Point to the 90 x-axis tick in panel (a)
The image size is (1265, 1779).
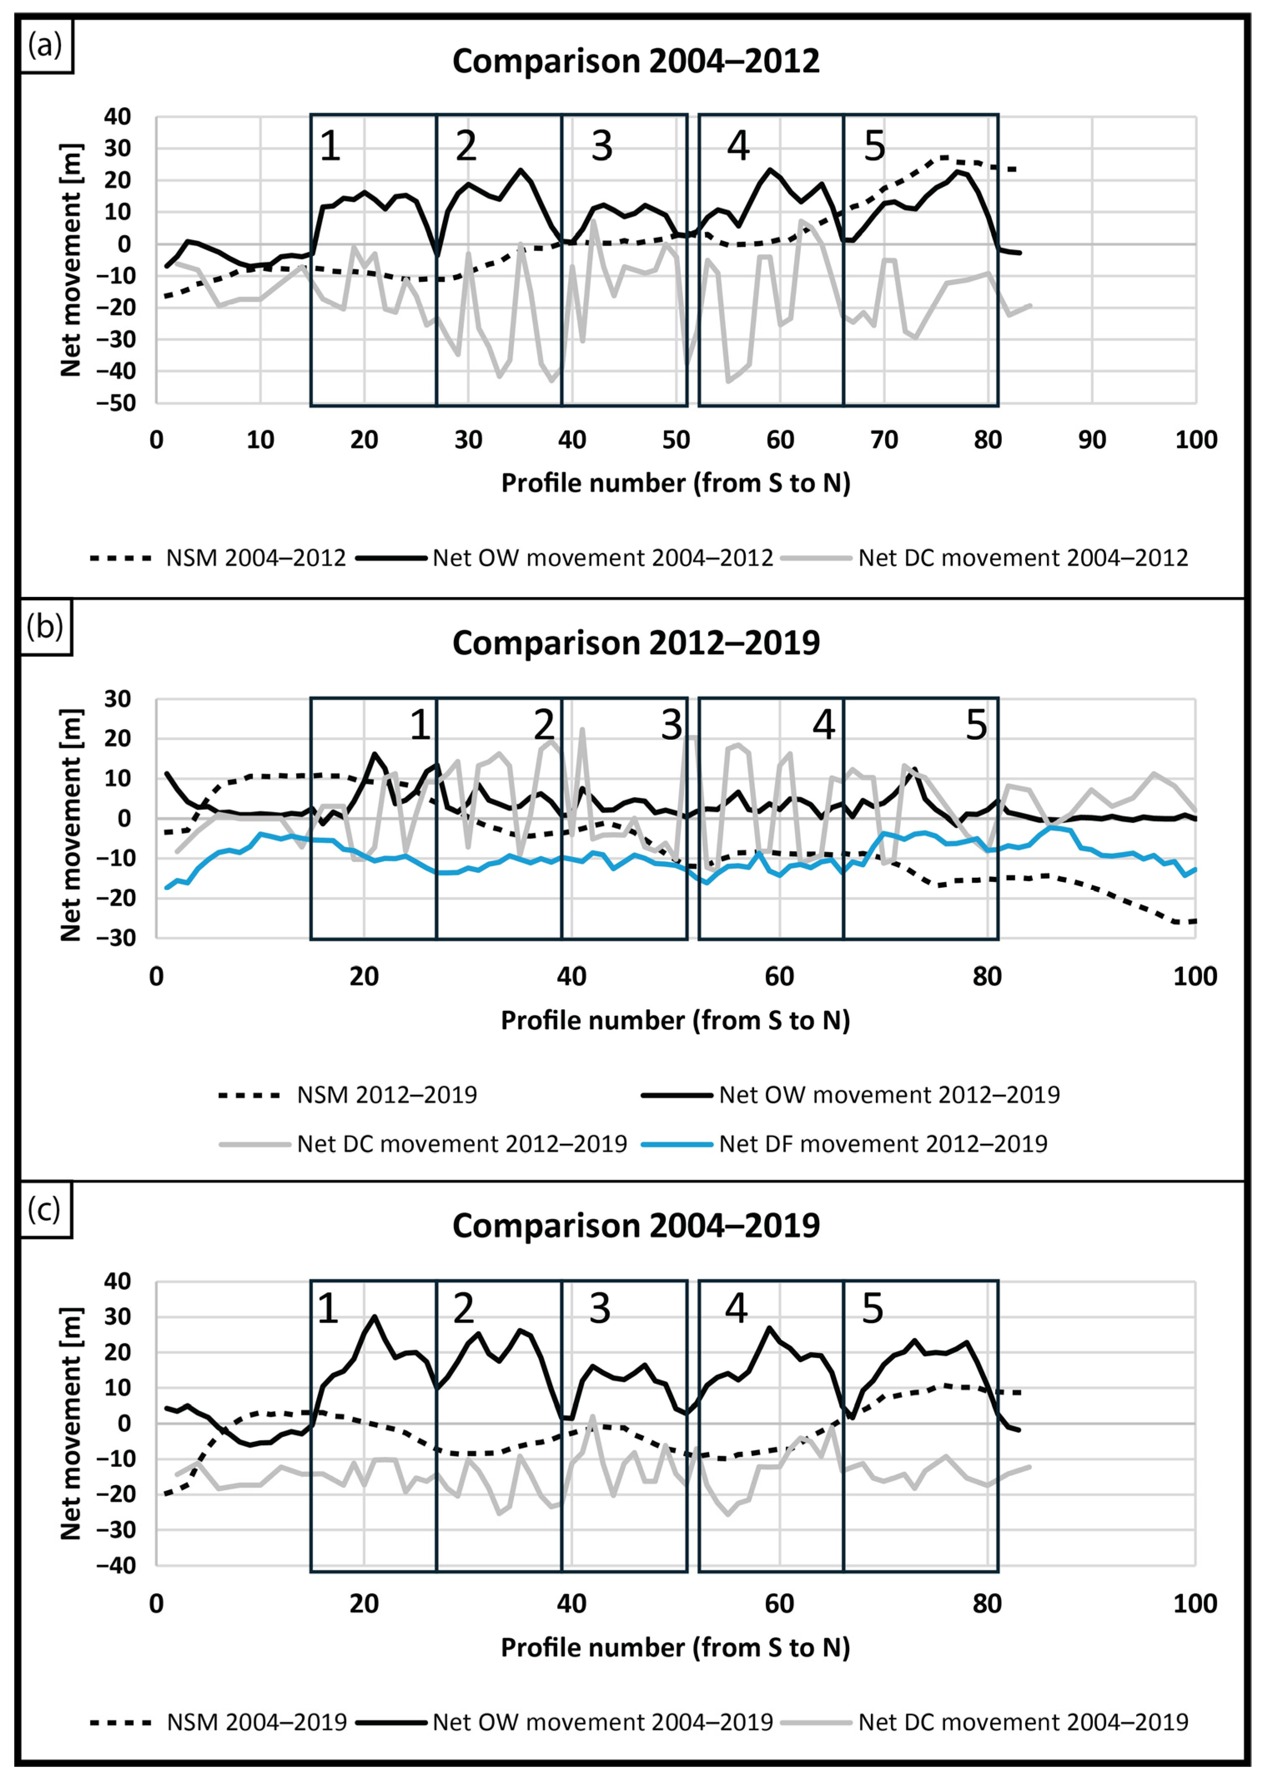pos(1091,440)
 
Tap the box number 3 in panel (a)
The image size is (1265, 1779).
pos(601,145)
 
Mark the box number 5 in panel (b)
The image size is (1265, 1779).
pos(976,725)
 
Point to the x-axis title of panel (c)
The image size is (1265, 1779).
pos(675,1646)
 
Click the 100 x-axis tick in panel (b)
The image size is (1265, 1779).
pos(1194,976)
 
